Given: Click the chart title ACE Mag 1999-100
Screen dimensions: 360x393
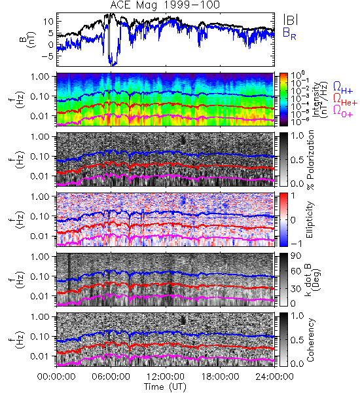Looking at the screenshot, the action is tap(165, 5).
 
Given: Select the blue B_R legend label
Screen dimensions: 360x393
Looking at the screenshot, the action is tap(289, 34).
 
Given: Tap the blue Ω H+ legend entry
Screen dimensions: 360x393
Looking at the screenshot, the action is tap(343, 88).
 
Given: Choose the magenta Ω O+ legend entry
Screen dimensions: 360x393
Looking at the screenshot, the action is tap(343, 111).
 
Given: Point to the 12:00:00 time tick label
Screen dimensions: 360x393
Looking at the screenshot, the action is tap(166, 377).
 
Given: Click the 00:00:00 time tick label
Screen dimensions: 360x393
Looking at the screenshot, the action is tap(56, 377).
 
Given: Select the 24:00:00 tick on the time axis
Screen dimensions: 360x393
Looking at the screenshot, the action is tap(274, 377).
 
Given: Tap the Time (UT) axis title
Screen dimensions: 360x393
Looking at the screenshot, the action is tap(166, 386).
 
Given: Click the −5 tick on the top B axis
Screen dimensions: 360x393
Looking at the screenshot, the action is tap(47, 56).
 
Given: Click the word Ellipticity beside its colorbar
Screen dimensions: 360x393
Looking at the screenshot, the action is tap(310, 219).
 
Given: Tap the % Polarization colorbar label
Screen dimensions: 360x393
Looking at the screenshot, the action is tap(310, 160).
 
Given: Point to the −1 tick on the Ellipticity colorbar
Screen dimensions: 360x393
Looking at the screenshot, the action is tap(296, 244).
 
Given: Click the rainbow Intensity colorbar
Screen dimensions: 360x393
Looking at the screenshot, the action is tap(283, 100).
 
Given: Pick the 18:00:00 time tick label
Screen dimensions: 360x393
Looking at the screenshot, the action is tap(220, 377).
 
